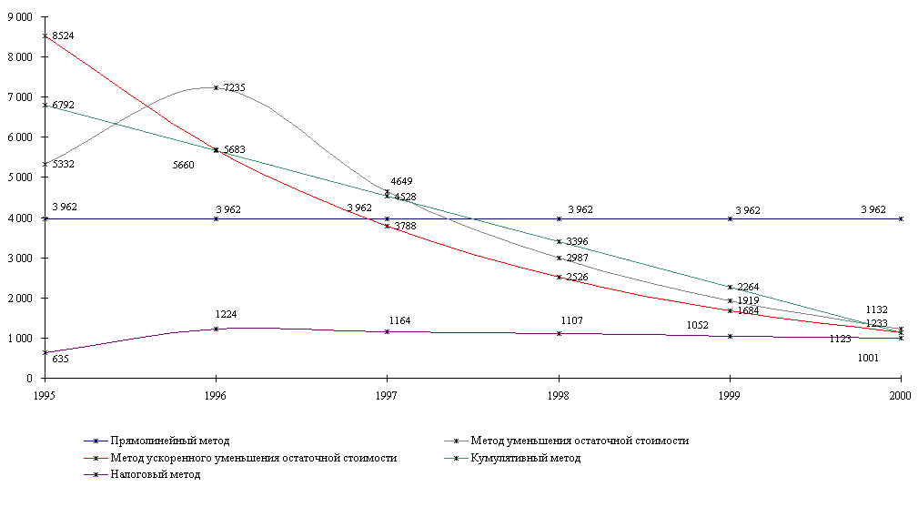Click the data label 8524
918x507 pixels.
tap(63, 35)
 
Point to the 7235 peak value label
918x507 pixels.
tap(234, 87)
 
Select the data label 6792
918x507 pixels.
tap(63, 106)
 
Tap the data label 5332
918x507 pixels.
tap(63, 164)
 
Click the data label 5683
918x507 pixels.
tap(234, 149)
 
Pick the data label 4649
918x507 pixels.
tap(401, 182)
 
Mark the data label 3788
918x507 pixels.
tap(405, 226)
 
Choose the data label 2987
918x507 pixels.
tap(577, 258)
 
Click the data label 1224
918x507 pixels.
tap(226, 314)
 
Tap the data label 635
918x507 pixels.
tap(60, 359)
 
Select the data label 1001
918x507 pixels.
tap(868, 359)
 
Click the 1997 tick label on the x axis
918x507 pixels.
tap(387, 397)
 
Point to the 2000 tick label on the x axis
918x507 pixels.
tap(900, 397)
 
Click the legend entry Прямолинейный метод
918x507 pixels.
tap(167, 441)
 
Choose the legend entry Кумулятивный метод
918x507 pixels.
tap(525, 458)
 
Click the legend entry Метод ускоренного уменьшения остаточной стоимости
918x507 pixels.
tap(253, 458)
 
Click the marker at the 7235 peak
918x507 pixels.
tap(216, 87)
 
